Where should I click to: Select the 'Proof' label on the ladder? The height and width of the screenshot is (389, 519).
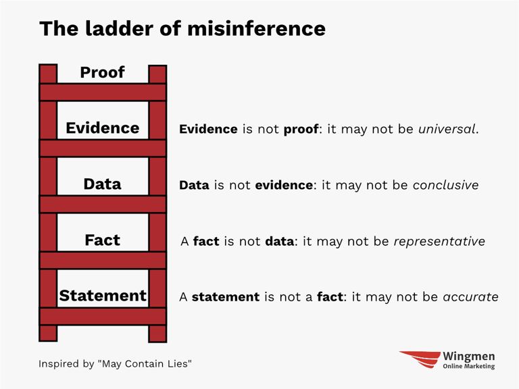point(102,72)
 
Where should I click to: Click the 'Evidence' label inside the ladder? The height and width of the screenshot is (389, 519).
point(102,128)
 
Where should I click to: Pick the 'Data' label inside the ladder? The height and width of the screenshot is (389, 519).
point(102,184)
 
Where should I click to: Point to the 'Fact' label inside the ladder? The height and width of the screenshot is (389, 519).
point(102,240)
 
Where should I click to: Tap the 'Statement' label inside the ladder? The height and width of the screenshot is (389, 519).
point(102,296)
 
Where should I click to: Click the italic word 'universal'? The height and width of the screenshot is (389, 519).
point(447,129)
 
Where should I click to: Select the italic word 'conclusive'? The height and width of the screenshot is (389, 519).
point(445,185)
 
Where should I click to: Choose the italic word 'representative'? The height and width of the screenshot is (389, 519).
point(439,241)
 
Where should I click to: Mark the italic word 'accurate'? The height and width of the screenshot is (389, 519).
point(470,296)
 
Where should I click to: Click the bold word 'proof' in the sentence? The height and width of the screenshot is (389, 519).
point(301,129)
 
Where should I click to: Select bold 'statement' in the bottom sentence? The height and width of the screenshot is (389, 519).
point(226,296)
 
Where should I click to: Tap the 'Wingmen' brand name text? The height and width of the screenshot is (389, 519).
point(469,355)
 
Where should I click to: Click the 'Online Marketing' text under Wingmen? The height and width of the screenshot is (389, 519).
point(469,367)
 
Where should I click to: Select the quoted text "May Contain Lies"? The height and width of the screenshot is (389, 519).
point(145,364)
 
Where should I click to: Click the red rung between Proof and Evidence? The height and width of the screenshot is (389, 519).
point(102,93)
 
